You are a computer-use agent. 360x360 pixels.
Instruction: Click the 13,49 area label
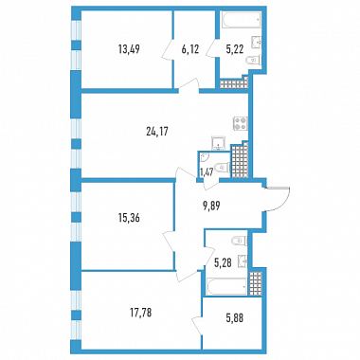coord(129,49)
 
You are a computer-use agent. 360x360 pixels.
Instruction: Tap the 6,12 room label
coord(190,49)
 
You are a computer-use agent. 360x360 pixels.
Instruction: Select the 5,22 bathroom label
coord(235,49)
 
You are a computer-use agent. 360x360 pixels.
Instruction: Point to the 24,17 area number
coord(157,131)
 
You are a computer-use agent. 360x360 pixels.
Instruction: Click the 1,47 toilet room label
coord(206,172)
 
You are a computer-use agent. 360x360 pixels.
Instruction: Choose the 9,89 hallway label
coord(211,206)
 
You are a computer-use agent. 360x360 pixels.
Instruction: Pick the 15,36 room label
coord(129,218)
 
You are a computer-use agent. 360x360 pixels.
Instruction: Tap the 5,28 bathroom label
coord(224,261)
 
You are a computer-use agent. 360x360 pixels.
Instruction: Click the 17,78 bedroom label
coord(141,313)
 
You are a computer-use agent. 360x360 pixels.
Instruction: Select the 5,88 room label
coord(235,318)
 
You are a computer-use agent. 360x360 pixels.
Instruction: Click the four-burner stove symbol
coord(241,123)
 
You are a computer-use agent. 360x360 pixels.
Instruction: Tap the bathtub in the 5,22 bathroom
coord(241,20)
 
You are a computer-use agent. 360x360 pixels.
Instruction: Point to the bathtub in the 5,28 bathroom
coord(226,286)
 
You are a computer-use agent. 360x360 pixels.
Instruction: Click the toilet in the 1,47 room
coord(222,166)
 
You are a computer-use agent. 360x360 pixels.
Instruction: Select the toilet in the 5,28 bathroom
coord(240,241)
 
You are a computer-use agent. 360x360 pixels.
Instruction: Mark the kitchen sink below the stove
coord(219,143)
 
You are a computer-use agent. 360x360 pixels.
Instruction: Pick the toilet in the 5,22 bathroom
coord(254,60)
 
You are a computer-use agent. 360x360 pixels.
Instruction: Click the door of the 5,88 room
coord(197,325)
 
